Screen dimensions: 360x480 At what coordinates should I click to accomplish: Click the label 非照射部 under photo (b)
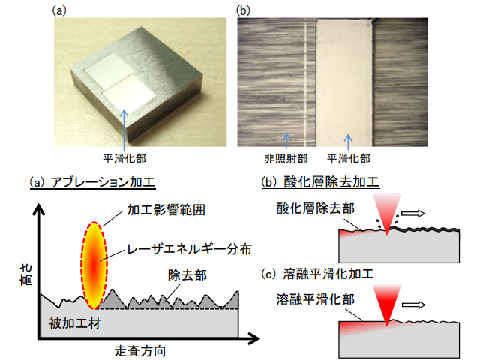285,158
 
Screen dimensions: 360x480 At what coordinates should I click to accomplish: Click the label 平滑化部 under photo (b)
349,158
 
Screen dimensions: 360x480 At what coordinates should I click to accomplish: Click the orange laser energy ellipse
94,265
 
